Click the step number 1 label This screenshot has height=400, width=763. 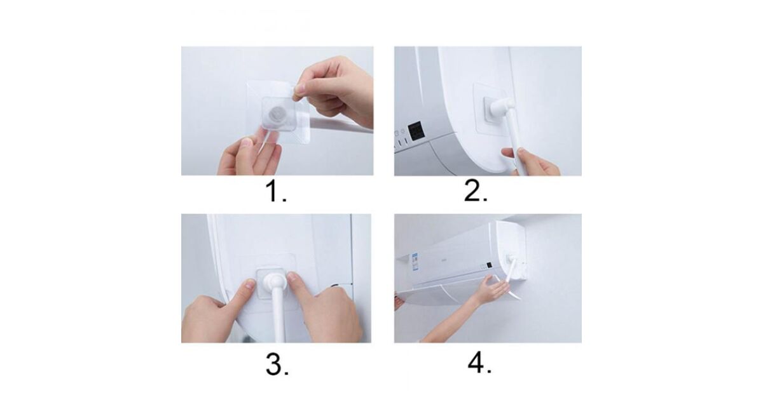[275, 192]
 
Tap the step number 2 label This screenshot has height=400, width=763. [476, 191]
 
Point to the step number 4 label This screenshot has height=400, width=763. [479, 363]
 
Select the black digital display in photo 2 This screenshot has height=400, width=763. [416, 131]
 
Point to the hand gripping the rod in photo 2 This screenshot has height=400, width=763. [532, 161]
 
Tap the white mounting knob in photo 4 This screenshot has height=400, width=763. [511, 258]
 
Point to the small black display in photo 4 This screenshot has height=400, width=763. [488, 265]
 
